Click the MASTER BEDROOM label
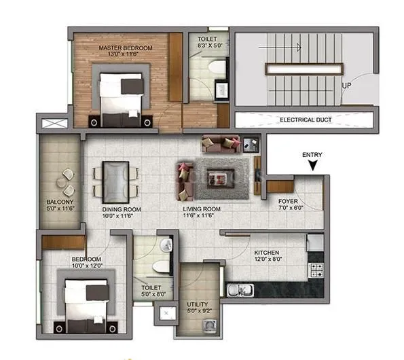tap(125, 48)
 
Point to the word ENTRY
tap(312, 155)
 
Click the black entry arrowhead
tap(312, 166)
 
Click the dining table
tap(115, 179)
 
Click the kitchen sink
tap(236, 290)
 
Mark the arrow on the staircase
tap(297, 48)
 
